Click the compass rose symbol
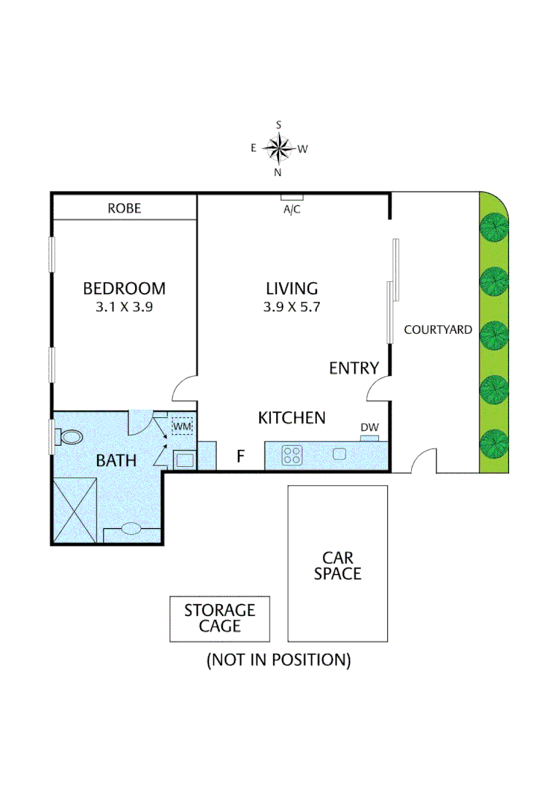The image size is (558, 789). click(x=278, y=148)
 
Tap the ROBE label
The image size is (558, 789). click(x=124, y=208)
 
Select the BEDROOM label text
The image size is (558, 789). click(x=123, y=289)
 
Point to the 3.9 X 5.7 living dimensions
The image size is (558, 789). click(x=291, y=308)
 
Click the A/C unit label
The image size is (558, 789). click(x=292, y=208)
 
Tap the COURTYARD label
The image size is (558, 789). click(x=437, y=329)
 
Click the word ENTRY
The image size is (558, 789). click(x=353, y=368)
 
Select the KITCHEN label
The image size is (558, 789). click(x=291, y=418)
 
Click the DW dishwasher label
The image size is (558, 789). click(x=369, y=428)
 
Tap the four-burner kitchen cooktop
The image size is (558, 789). click(x=292, y=455)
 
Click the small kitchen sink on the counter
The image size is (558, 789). click(x=339, y=454)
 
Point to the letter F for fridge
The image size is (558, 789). click(x=240, y=457)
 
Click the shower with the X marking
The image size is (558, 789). click(x=74, y=509)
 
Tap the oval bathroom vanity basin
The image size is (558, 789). click(x=131, y=529)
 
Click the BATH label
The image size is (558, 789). click(x=116, y=461)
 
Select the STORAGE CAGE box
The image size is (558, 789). click(x=220, y=618)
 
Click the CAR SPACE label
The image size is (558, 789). click(x=337, y=565)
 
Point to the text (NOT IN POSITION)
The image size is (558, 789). click(x=278, y=660)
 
